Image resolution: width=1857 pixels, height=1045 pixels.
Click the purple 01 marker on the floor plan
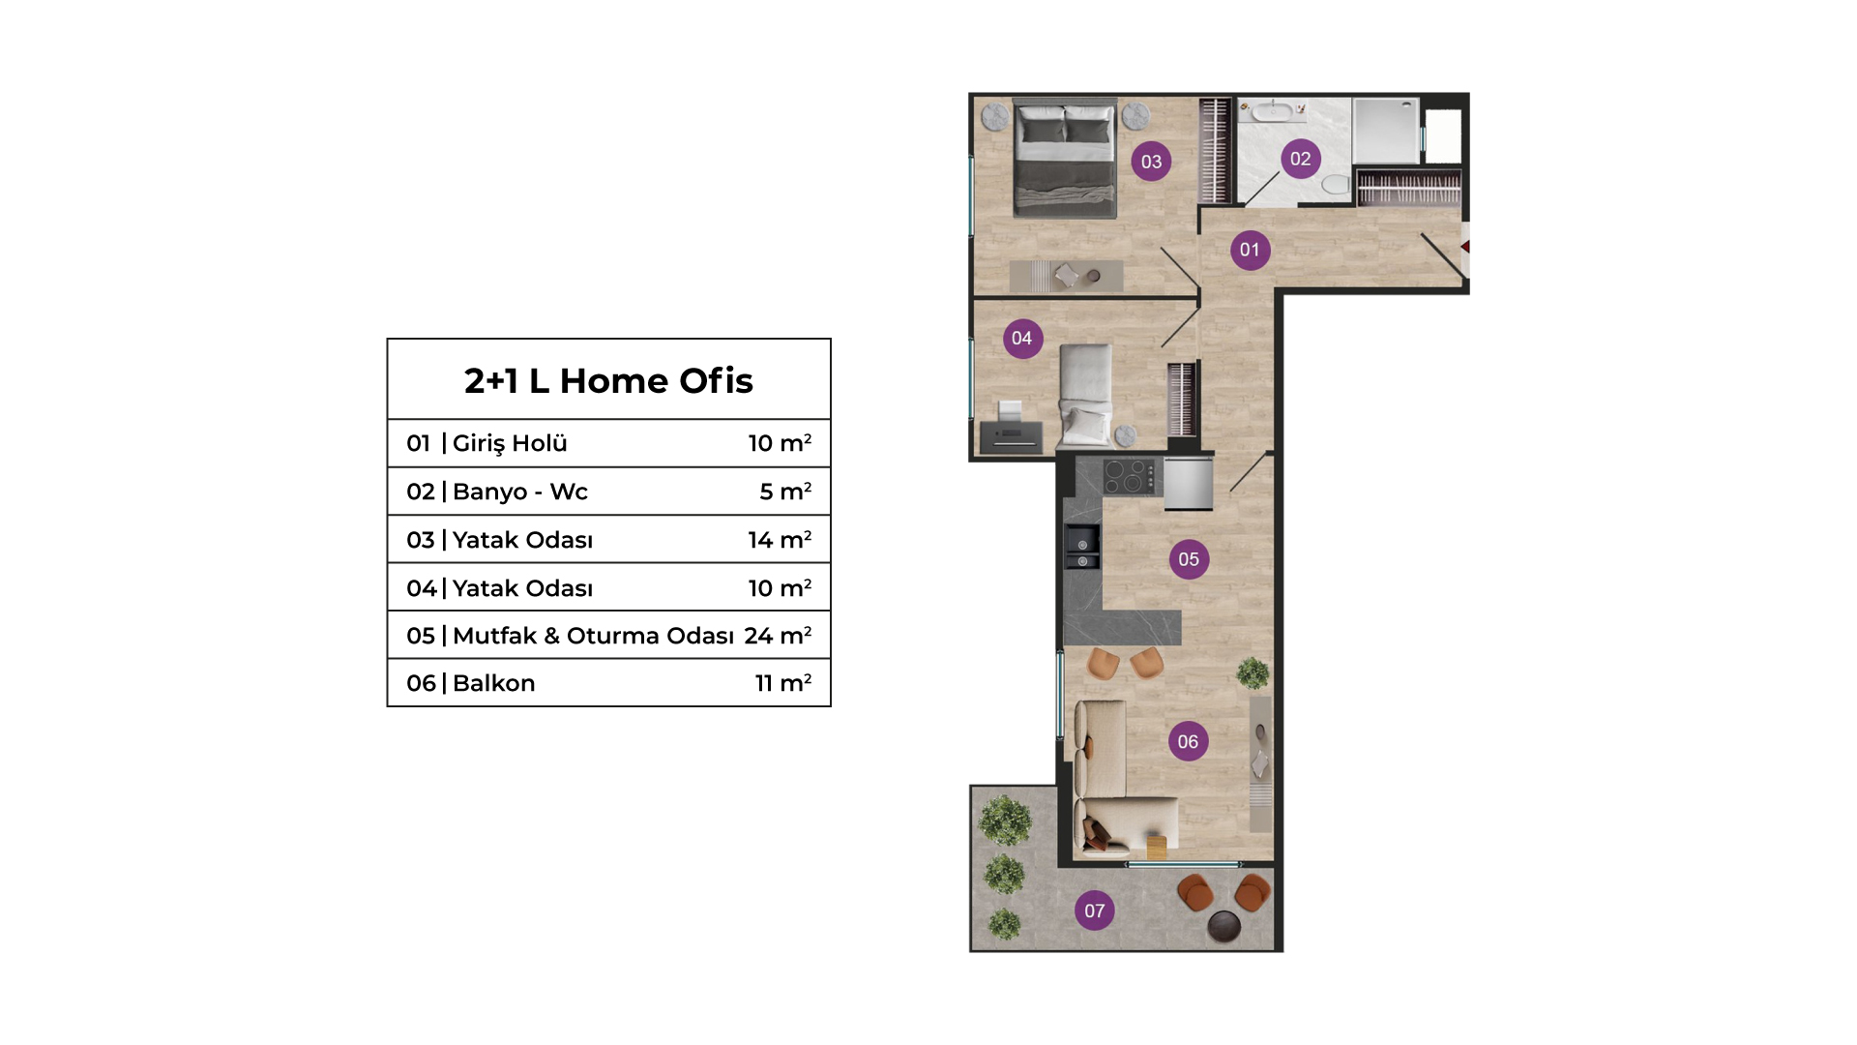pyautogui.click(x=1250, y=250)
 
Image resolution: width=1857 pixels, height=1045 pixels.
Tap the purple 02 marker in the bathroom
pyautogui.click(x=1300, y=159)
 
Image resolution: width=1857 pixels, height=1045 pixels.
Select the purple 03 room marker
pyautogui.click(x=1151, y=162)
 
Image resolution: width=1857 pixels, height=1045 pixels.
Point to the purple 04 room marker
pyautogui.click(x=1022, y=339)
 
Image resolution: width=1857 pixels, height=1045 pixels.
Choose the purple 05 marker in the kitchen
pyautogui.click(x=1189, y=559)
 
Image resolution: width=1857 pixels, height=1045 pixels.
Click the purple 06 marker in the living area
pyautogui.click(x=1188, y=742)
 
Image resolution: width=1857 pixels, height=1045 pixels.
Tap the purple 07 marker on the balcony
pyautogui.click(x=1094, y=911)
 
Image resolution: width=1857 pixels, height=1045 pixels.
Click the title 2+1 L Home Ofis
pyautogui.click(x=608, y=381)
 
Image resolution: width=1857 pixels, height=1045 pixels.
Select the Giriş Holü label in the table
pyautogui.click(x=510, y=444)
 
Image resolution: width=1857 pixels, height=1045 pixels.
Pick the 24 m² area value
pyautogui.click(x=778, y=636)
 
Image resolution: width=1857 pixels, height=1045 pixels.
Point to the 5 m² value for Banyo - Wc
pyautogui.click(x=785, y=492)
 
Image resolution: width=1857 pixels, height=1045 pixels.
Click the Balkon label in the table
pyautogui.click(x=493, y=683)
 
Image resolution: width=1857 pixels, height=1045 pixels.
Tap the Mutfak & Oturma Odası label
pyautogui.click(x=593, y=636)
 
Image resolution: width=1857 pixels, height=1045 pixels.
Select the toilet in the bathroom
pyautogui.click(x=1336, y=183)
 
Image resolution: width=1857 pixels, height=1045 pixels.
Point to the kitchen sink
pyautogui.click(x=1082, y=548)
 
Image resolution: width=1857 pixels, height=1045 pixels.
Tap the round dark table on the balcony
pyautogui.click(x=1224, y=926)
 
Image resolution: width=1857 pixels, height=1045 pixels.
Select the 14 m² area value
pyautogui.click(x=780, y=540)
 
